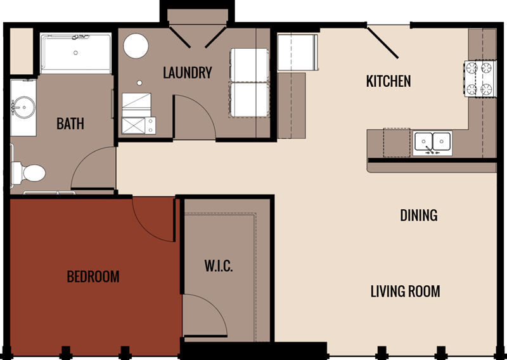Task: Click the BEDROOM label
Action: coord(93,277)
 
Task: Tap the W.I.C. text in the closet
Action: coord(219,266)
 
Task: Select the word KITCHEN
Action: coord(388,81)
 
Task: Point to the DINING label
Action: coord(418,215)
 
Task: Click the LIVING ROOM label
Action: coord(405,292)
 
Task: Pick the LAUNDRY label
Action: coord(187,72)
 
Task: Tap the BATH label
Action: coord(70,123)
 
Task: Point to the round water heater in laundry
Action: coord(136,46)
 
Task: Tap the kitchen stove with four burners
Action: coord(480,79)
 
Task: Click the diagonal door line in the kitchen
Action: coord(382,42)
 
